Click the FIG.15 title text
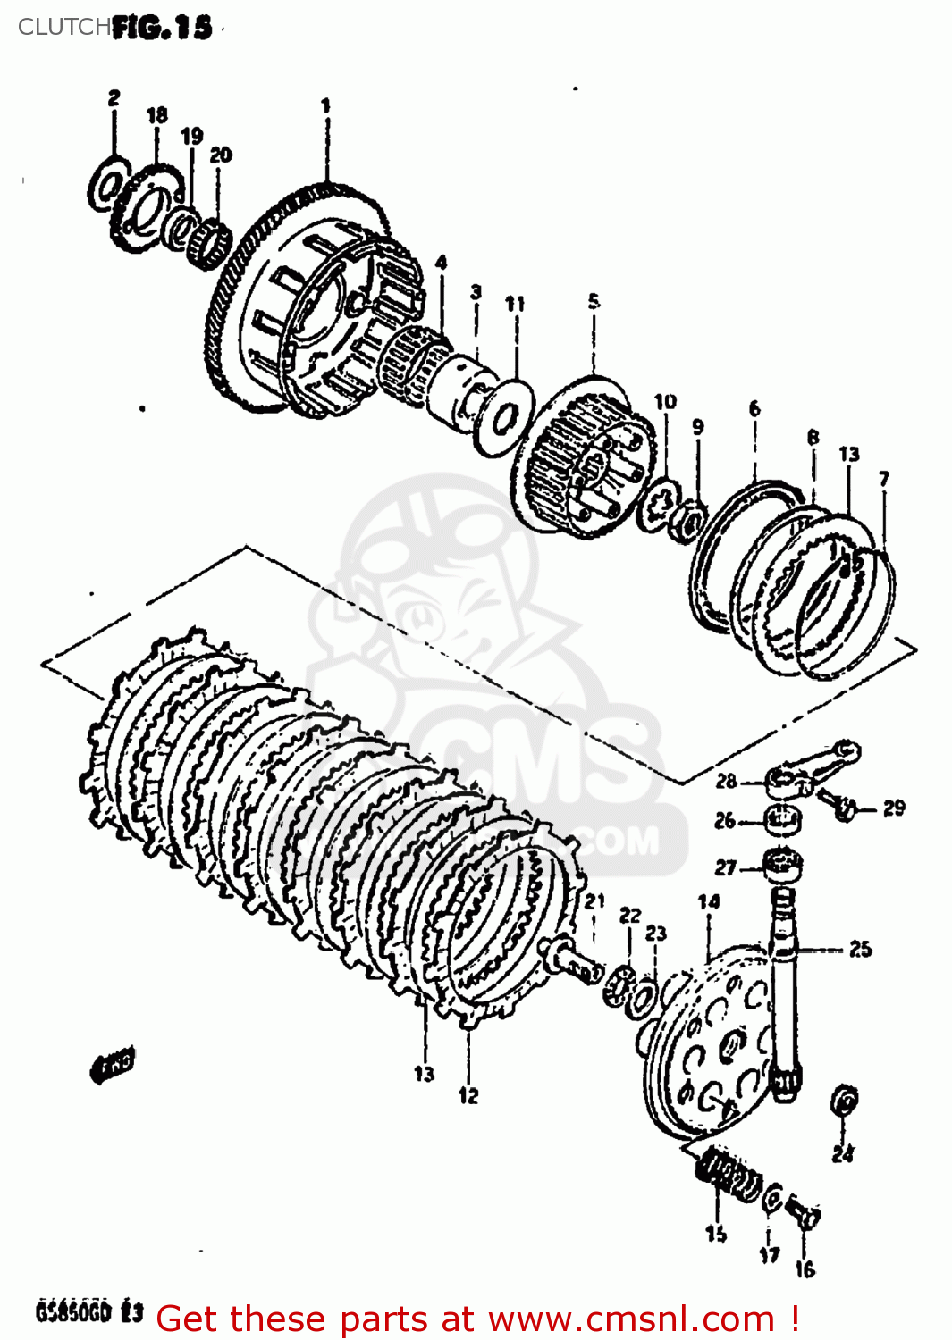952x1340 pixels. tap(163, 28)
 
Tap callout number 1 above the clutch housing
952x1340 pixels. tap(326, 105)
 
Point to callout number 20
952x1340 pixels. tap(221, 155)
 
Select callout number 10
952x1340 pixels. tap(665, 402)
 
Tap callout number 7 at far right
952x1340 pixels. tap(884, 479)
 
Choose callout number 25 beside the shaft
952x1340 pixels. tap(860, 949)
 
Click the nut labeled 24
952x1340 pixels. tap(844, 1101)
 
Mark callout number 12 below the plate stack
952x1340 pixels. tap(468, 1095)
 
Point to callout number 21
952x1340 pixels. tap(595, 902)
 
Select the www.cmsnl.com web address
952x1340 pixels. tap(631, 1319)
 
